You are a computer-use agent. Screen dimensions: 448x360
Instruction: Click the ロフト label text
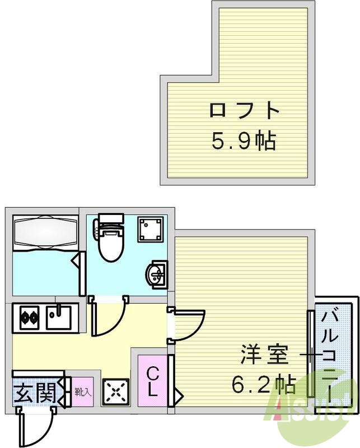244,110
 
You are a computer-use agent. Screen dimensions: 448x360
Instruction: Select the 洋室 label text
264,355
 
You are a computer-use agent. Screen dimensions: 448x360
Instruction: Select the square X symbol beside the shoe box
115,392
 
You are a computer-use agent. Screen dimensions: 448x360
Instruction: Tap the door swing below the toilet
107,319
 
